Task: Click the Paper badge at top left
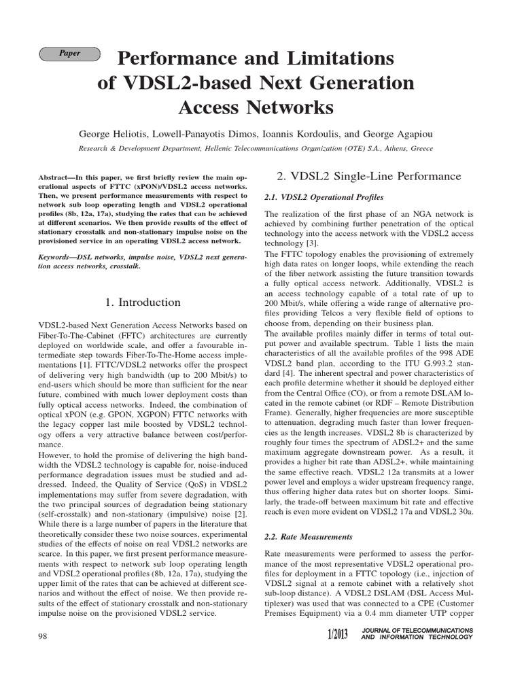click(x=70, y=53)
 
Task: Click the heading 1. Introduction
click(x=143, y=302)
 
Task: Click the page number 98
click(x=45, y=634)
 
